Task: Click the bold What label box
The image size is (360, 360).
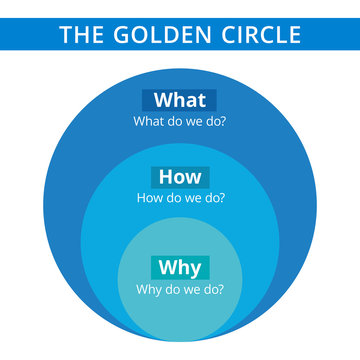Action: (180, 100)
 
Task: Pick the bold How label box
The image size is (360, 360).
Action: (180, 177)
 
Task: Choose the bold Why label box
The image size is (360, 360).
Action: (180, 268)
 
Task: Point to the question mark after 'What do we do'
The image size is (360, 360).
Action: (223, 121)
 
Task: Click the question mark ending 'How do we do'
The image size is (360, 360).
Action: (221, 198)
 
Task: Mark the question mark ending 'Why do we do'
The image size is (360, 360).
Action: (221, 290)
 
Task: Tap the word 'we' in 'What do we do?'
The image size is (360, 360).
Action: (191, 121)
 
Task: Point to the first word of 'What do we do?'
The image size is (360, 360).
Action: (149, 121)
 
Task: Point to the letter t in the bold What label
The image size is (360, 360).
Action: (201, 100)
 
